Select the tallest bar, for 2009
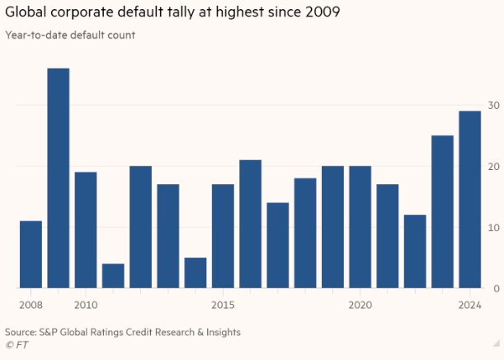[x=58, y=178]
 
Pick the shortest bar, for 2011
[x=113, y=276]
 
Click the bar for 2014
[x=195, y=272]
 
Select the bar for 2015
[x=223, y=236]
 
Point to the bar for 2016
[x=250, y=224]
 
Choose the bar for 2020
[x=360, y=227]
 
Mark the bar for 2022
[x=415, y=251]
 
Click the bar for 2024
[x=470, y=199]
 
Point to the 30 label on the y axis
[x=493, y=106]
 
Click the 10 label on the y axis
[x=493, y=228]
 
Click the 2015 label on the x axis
[x=223, y=305]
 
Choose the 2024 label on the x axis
[x=470, y=305]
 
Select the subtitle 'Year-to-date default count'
[x=70, y=35]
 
